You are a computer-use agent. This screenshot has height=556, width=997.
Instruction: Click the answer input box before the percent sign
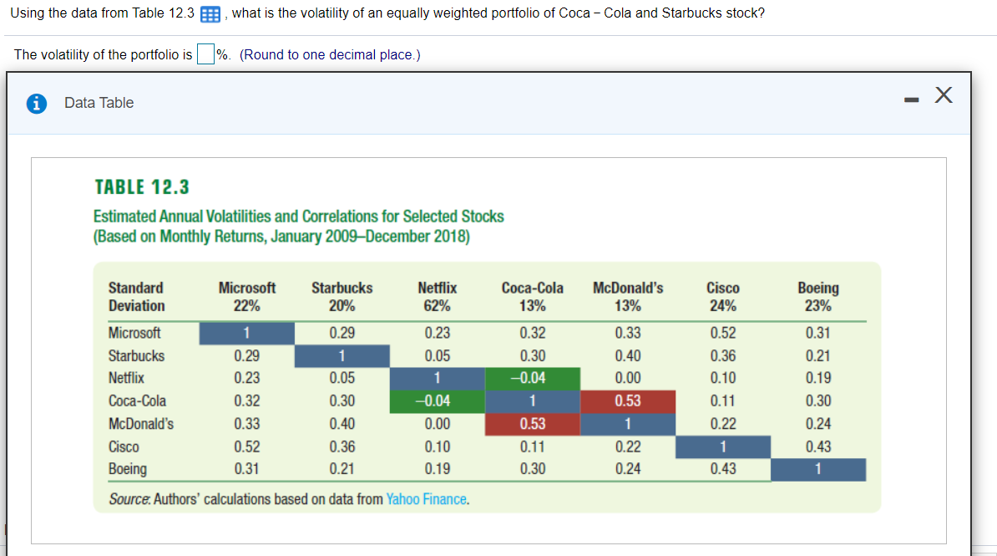click(x=205, y=54)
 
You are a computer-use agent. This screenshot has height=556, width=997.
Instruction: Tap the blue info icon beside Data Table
click(x=37, y=103)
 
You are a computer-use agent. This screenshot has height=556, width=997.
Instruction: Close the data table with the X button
click(x=944, y=96)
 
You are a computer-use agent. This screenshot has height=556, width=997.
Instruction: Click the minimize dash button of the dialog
click(x=911, y=99)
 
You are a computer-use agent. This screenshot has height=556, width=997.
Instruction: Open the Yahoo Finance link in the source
click(x=426, y=499)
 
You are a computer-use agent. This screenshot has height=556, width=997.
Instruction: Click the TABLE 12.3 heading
click(x=141, y=186)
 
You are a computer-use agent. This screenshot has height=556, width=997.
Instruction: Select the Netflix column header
click(x=437, y=288)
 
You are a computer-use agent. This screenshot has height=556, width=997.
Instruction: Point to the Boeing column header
click(x=818, y=288)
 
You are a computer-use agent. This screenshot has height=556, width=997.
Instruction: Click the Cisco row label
click(x=124, y=446)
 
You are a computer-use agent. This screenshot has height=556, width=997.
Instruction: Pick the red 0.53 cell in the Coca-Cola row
click(x=628, y=401)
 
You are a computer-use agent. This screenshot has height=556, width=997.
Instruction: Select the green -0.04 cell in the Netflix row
click(x=533, y=378)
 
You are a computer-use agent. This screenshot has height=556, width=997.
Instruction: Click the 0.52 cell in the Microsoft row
click(x=723, y=333)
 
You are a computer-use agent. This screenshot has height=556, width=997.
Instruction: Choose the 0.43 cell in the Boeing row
click(x=723, y=469)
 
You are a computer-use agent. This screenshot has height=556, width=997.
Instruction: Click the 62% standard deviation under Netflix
click(x=437, y=305)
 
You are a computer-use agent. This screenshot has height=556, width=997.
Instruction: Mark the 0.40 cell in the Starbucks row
click(x=628, y=355)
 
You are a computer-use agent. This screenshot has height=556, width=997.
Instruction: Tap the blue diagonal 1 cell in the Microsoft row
click(x=246, y=333)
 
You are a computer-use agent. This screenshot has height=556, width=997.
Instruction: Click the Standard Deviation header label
click(x=136, y=297)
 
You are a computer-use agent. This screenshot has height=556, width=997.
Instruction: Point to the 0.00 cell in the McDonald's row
click(x=437, y=424)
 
